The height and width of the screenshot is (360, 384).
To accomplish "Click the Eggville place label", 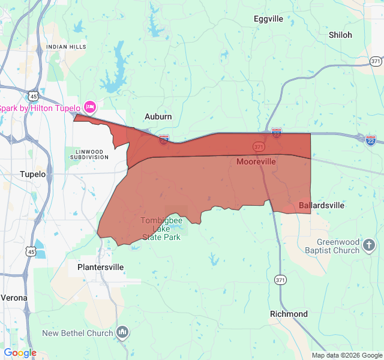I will point(268,19).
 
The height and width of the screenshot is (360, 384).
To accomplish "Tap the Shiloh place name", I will point(340,35).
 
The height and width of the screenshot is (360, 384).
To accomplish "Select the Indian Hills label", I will point(66,46).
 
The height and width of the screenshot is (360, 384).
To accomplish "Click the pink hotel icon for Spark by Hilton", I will point(90,107).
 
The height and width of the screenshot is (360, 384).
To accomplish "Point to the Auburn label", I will point(158,116).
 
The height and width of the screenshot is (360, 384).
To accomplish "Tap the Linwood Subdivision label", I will point(92,154).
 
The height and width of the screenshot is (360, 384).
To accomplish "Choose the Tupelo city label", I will point(33,174).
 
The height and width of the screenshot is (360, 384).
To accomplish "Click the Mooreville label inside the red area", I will point(256,161).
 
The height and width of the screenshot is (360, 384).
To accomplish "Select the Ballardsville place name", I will point(322,205).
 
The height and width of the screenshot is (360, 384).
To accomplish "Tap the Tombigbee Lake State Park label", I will point(161,229).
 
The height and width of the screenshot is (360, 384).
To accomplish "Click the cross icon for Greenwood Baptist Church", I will point(370,244).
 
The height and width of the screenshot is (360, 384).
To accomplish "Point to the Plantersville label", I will point(101,266).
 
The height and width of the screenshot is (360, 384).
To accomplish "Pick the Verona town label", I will point(14,297).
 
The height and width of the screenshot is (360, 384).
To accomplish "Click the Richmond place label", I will point(289,314).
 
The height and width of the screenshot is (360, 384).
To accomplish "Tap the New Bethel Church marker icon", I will point(122,332).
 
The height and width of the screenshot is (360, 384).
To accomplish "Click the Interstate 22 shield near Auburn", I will point(164,140).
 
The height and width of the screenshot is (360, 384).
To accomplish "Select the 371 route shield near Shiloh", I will point(376,61).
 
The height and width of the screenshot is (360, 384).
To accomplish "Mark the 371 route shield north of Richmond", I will point(280,280).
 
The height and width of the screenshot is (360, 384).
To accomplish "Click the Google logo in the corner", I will point(20,353).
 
